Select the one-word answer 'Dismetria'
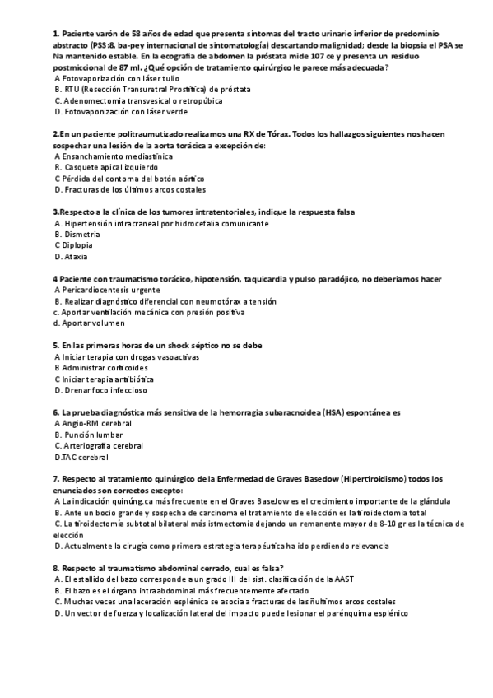click(x=81, y=234)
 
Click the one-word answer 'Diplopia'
click(x=76, y=244)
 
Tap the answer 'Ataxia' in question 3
click(x=75, y=256)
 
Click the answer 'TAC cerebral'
click(x=84, y=457)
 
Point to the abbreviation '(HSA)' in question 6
click(x=335, y=412)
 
